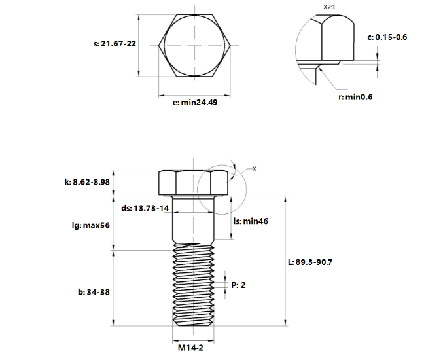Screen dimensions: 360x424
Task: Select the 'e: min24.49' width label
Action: tap(190, 103)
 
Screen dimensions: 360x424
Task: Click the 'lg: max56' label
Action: tap(90, 225)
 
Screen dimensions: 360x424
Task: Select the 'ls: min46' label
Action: tap(251, 221)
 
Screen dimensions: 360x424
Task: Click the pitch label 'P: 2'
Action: tap(239, 285)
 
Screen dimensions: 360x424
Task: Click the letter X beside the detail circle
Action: tap(255, 169)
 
